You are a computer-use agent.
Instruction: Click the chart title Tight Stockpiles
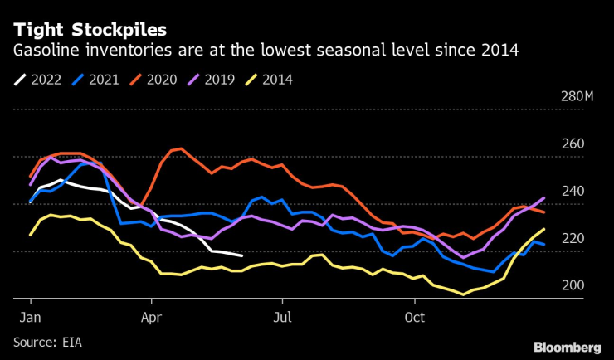coord(89,29)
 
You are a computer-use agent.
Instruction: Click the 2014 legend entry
coord(278,80)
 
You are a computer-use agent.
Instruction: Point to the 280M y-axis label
coord(577,96)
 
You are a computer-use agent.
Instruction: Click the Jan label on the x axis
coord(30,317)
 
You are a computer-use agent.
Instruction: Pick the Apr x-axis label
coord(152,317)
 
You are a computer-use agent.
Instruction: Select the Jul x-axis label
coord(282,317)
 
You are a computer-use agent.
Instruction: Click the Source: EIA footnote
coord(47,341)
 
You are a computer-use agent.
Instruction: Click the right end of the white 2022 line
coord(241,255)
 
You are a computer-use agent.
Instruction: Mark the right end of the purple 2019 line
coord(543,197)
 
